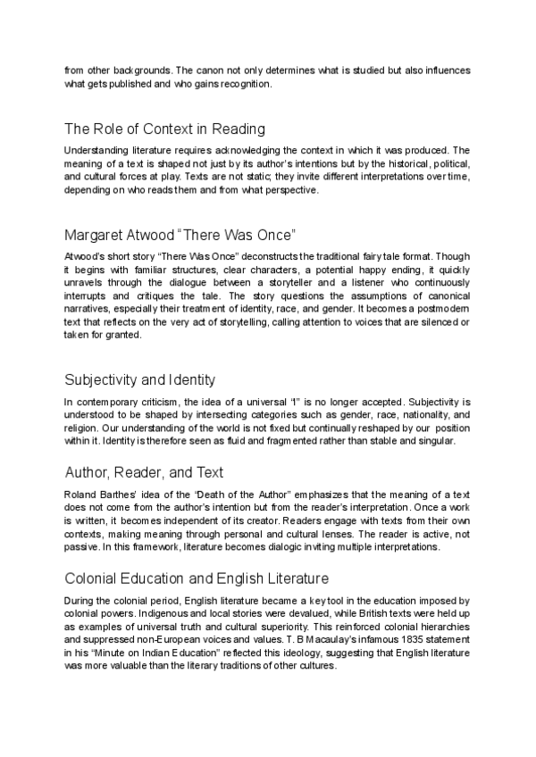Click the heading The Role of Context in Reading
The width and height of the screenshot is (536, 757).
(x=165, y=129)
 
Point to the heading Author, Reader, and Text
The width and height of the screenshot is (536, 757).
(x=144, y=471)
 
